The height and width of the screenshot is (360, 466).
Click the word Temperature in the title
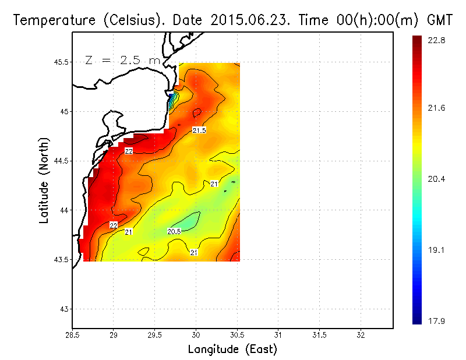(50, 20)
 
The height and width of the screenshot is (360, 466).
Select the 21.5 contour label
(199, 130)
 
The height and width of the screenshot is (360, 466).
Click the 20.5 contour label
(174, 231)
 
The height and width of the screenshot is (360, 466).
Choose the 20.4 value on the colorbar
(437, 179)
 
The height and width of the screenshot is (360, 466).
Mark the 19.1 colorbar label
(437, 250)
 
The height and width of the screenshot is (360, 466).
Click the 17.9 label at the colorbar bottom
(437, 320)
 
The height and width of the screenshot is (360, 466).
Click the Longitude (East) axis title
(232, 350)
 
